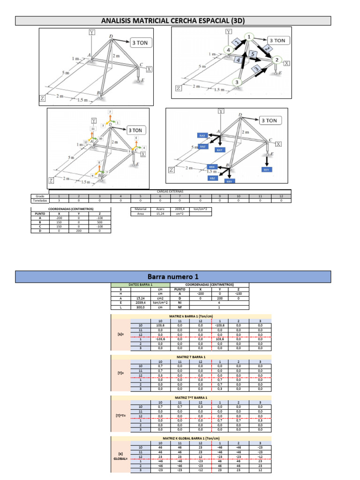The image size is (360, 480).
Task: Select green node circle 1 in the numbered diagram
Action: tap(249, 37)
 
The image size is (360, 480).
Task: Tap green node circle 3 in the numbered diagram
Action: tap(237, 82)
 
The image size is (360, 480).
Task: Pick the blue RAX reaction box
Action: tap(202, 135)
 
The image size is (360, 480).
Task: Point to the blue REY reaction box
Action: tap(266, 169)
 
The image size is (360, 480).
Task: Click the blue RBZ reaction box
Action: tap(213, 178)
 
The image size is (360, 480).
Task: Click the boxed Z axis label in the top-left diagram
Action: tap(42, 99)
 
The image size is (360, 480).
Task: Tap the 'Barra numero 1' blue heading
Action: tap(173, 277)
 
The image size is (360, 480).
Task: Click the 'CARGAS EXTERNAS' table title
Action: tap(170, 191)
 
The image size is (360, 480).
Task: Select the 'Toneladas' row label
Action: tap(40, 200)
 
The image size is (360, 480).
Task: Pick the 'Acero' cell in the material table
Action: tap(160, 209)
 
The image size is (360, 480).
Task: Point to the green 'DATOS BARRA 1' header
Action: tap(141, 285)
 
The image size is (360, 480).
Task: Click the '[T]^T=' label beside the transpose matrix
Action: tap(120, 415)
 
